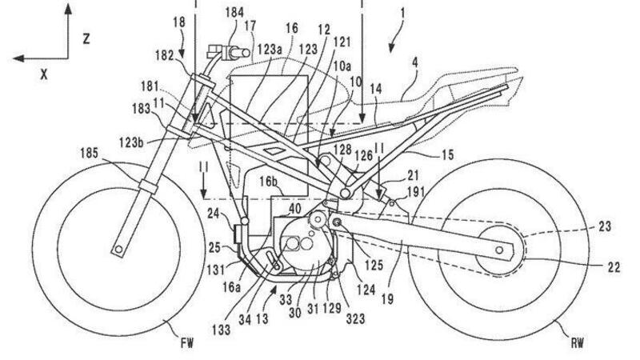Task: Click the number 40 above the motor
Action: pos(295,207)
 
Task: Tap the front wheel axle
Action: pos(119,251)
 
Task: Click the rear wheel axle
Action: pos(502,250)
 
